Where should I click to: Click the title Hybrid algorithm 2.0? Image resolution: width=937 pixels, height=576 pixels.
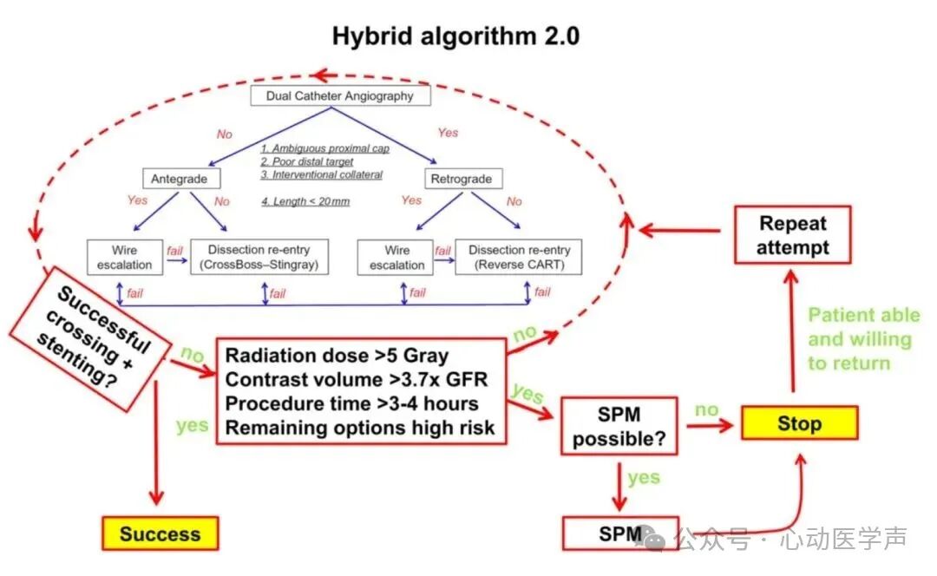pos(455,36)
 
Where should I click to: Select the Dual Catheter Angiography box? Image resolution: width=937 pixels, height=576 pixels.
pos(340,95)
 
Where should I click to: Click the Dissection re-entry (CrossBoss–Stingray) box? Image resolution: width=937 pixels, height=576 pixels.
pos(259,257)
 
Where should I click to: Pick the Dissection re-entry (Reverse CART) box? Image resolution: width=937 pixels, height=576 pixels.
pos(519,257)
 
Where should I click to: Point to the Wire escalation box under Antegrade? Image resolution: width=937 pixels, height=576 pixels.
pos(125,257)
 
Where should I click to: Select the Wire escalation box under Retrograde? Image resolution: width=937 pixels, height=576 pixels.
pos(396,257)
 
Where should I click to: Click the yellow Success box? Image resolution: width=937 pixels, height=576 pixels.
pos(160,533)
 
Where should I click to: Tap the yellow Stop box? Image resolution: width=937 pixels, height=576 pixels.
pos(799,423)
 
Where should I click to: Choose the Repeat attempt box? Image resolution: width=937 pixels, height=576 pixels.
pos(793,235)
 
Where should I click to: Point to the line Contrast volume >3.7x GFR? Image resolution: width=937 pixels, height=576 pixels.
pos(356,380)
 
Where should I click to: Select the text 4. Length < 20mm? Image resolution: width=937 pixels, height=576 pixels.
pos(305,201)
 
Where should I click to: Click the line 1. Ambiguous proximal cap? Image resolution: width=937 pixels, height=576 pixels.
pos(325,148)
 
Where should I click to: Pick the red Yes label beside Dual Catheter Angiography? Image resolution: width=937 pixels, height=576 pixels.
pos(448,133)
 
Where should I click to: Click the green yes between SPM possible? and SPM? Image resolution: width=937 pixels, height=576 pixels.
pos(644,477)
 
